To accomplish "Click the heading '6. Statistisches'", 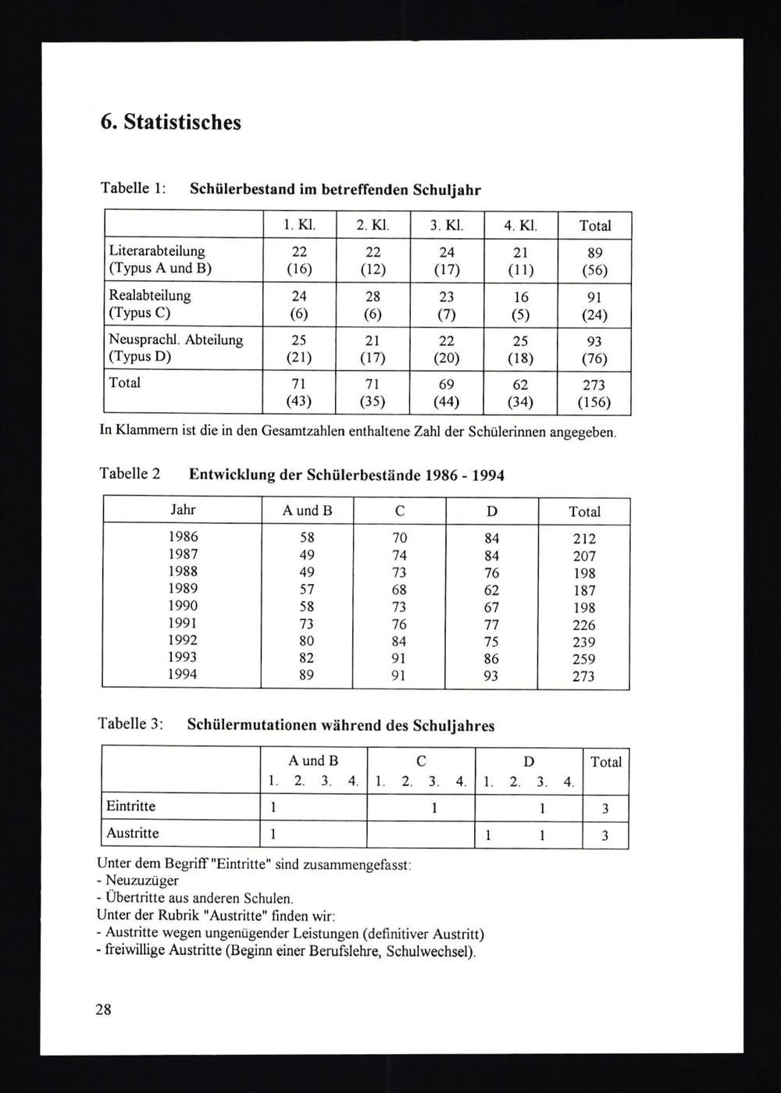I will pyautogui.click(x=171, y=123).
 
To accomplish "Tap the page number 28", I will pyautogui.click(x=104, y=1009).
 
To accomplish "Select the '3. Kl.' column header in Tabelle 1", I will pyautogui.click(x=447, y=226).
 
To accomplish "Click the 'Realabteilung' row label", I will pyautogui.click(x=149, y=296).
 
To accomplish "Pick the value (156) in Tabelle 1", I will pyautogui.click(x=594, y=403).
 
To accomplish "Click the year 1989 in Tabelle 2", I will pyautogui.click(x=183, y=589).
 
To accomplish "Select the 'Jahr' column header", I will pyautogui.click(x=183, y=510).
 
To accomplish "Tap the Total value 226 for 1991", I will pyautogui.click(x=583, y=625).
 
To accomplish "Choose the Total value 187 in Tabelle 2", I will pyautogui.click(x=583, y=590).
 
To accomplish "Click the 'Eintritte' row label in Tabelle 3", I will pyautogui.click(x=130, y=806).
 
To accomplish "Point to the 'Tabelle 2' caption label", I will pyautogui.click(x=130, y=474).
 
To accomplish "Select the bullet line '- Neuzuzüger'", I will pyautogui.click(x=128, y=881).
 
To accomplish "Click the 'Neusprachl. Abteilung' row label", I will pyautogui.click(x=175, y=340).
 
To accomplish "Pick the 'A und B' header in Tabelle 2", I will pyautogui.click(x=307, y=511).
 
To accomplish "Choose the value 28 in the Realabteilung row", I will pyautogui.click(x=373, y=297).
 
